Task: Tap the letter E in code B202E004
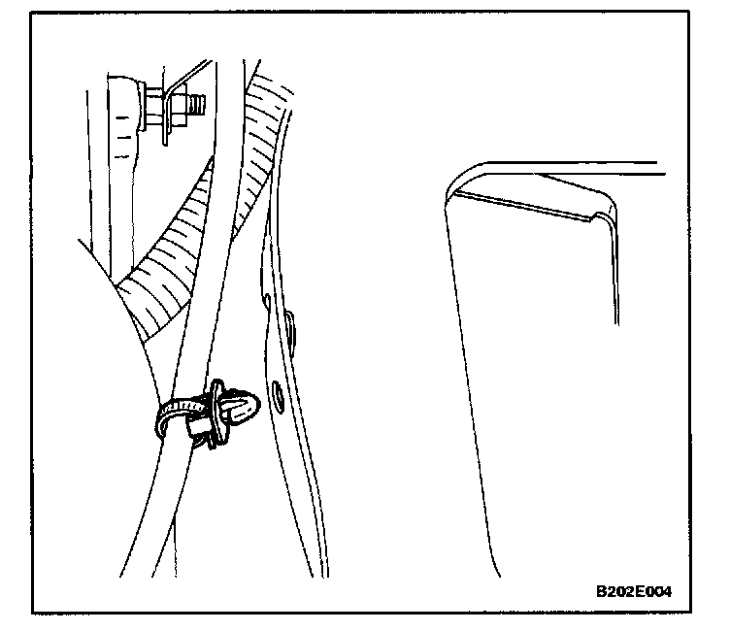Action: pyautogui.click(x=642, y=591)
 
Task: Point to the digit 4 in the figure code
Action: pyautogui.click(x=667, y=591)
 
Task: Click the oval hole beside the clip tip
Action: pyautogui.click(x=278, y=393)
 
